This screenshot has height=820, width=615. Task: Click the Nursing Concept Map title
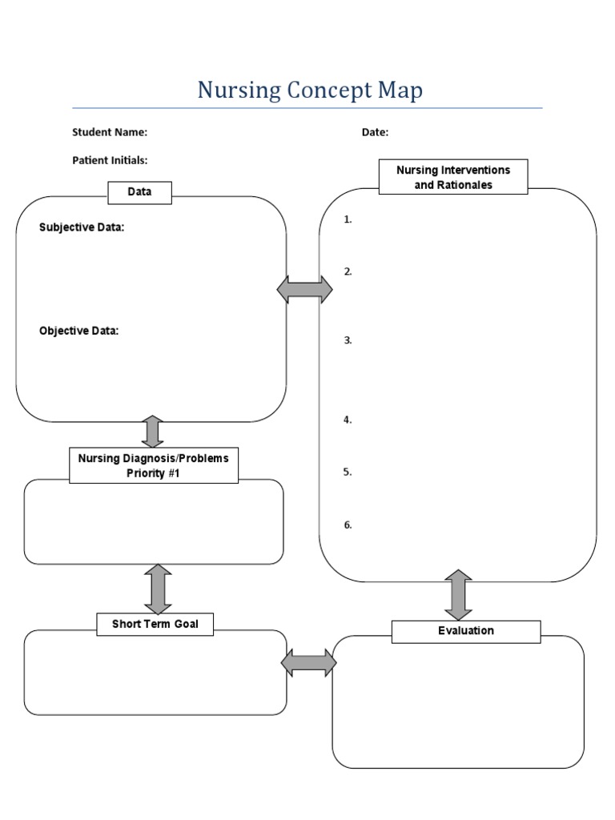click(310, 90)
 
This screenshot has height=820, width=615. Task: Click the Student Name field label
click(110, 132)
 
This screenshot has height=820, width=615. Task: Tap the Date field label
click(375, 132)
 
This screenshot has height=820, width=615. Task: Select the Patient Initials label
click(110, 160)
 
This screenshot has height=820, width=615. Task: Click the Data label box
click(139, 191)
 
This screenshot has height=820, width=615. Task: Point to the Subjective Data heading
click(82, 227)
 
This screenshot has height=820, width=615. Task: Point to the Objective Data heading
click(79, 331)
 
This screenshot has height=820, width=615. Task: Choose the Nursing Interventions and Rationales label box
click(453, 177)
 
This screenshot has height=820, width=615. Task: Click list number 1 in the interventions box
click(348, 219)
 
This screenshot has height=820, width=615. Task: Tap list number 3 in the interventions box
click(348, 340)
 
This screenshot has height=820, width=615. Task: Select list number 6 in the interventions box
click(348, 525)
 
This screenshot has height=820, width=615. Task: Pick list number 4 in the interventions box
click(348, 420)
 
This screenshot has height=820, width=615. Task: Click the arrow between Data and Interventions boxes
click(305, 289)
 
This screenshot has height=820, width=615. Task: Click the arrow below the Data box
click(152, 432)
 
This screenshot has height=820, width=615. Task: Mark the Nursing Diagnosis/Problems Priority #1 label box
click(154, 465)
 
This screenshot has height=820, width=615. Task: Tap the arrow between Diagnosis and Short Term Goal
click(158, 589)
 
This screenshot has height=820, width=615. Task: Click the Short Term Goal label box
click(155, 624)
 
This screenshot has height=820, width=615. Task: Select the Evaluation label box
click(466, 631)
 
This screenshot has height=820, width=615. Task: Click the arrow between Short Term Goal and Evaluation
click(308, 662)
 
